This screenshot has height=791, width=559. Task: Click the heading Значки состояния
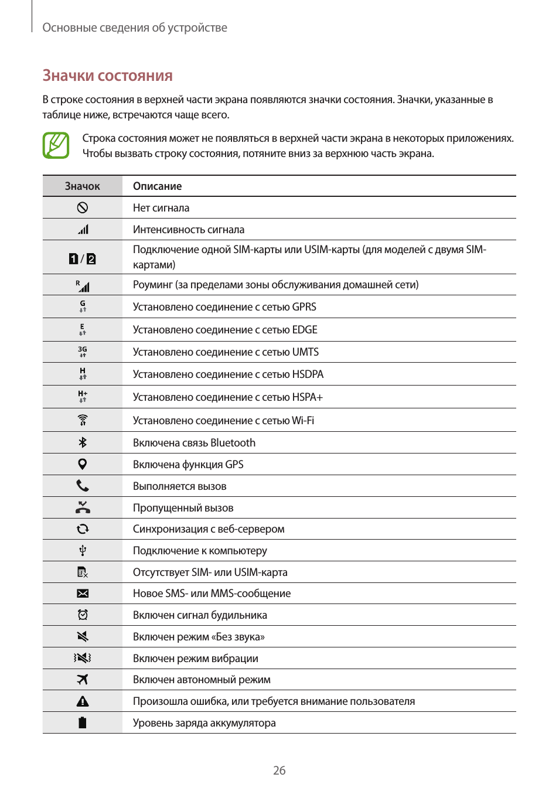coord(107,76)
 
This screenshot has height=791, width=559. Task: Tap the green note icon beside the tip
coord(56,145)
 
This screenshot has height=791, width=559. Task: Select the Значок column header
coord(82,186)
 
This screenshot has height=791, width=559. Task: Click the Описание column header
coord(157,186)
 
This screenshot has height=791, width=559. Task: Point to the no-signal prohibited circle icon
coord(83,207)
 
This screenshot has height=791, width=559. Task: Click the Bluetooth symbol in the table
coord(83,442)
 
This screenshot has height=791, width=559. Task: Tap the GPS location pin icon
coord(83,464)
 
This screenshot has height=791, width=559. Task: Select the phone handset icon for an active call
coord(83,486)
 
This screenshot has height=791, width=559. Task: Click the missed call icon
coord(83,507)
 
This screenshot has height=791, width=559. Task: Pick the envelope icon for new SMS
coord(83,594)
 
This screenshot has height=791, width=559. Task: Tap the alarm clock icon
coord(83,615)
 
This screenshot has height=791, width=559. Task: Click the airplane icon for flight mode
coord(83,680)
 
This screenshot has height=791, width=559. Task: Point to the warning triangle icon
coord(83,701)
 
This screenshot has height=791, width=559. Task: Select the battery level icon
coord(83,722)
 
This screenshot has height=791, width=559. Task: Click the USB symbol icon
coord(83,550)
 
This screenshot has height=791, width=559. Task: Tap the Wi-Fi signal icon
coord(83,420)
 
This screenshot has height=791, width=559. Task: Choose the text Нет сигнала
coord(161,208)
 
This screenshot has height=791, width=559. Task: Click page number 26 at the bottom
coord(279,770)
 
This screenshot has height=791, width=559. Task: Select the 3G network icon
coord(83,352)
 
